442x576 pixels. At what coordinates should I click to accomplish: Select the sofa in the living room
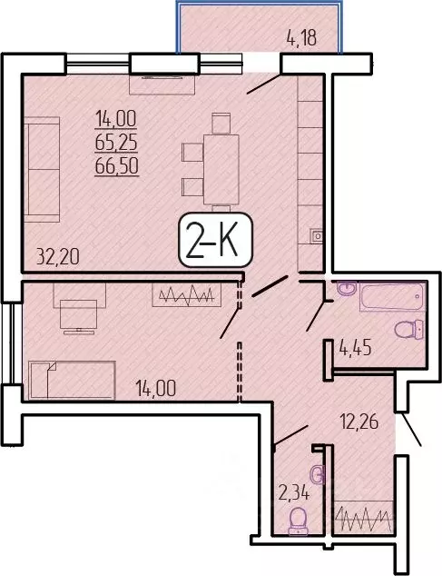coord(40,173)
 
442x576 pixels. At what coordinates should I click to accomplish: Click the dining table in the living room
coord(221,169)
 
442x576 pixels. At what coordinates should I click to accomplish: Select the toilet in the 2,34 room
coord(297,519)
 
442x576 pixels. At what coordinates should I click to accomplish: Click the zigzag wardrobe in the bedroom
coord(187,295)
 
